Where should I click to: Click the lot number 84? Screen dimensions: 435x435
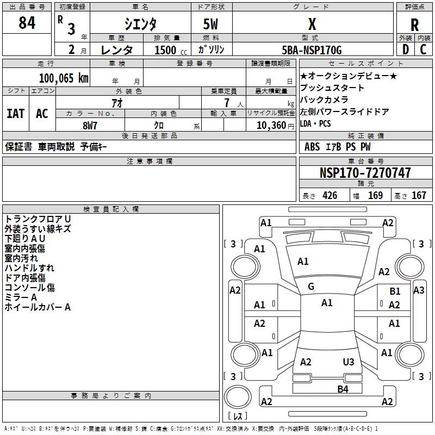(x=27, y=23)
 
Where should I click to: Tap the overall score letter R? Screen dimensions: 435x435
(x=414, y=24)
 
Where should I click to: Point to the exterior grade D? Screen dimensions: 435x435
(x=405, y=49)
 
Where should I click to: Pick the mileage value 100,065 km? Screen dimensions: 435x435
(x=63, y=78)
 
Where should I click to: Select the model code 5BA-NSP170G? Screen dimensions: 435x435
(x=312, y=50)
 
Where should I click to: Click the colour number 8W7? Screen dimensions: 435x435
(x=89, y=125)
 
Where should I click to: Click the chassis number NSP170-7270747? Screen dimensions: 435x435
(x=365, y=173)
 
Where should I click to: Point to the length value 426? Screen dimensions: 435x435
(x=329, y=196)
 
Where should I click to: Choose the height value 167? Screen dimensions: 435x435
(x=419, y=196)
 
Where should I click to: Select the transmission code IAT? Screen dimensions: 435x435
(x=16, y=114)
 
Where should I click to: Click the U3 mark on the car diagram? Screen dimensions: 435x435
(x=349, y=362)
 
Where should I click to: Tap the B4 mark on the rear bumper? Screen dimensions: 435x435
(x=343, y=389)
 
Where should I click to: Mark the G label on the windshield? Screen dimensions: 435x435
(x=311, y=287)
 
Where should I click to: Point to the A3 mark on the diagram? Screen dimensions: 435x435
(x=419, y=290)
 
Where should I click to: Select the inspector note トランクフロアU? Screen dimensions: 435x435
(x=38, y=219)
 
